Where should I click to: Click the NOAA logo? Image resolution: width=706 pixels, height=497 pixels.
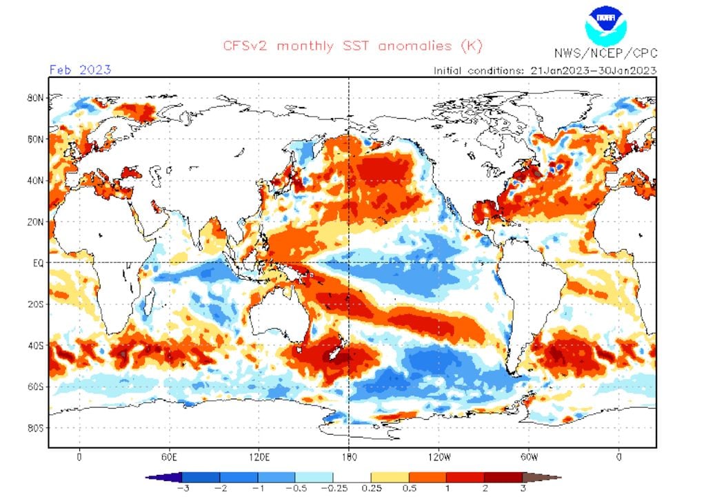pos(605,25)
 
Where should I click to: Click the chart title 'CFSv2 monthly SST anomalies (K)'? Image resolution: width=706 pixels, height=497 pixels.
pos(352,46)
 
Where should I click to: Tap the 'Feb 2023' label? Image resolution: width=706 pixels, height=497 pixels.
pos(80,69)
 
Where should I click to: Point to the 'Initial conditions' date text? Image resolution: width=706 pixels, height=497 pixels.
pos(545,70)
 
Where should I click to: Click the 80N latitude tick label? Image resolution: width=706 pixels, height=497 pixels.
pos(36,98)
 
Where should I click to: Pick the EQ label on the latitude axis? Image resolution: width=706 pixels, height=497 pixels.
pos(39,262)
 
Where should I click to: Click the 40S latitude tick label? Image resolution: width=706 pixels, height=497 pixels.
pos(36,345)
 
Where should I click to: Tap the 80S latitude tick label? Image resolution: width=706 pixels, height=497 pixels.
pos(36,427)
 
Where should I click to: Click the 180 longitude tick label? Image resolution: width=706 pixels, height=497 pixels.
pos(349,457)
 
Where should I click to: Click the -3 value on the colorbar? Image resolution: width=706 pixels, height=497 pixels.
pos(182,487)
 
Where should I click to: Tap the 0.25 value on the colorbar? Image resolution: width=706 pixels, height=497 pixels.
pos(370,487)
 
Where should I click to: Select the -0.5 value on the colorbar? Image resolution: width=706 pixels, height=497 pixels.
pos(295,487)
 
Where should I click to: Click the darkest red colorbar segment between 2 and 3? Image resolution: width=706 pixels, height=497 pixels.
pos(503,476)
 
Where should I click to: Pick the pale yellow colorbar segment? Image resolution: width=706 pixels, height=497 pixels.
pos(390,476)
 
